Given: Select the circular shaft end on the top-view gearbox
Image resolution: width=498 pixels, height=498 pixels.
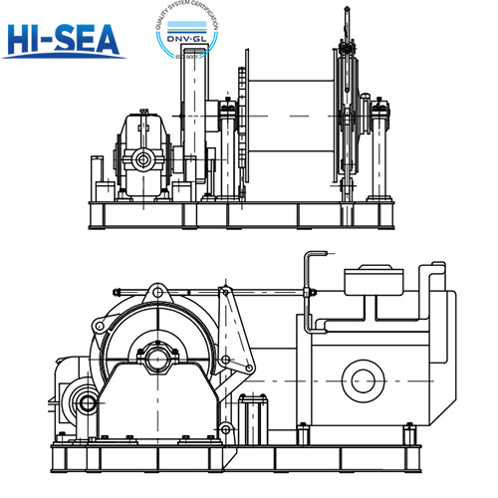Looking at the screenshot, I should pos(144,160).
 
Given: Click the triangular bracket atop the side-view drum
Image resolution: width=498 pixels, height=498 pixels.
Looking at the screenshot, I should pos(155,293).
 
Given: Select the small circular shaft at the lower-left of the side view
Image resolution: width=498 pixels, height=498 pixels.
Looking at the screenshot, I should pos(83,404).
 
